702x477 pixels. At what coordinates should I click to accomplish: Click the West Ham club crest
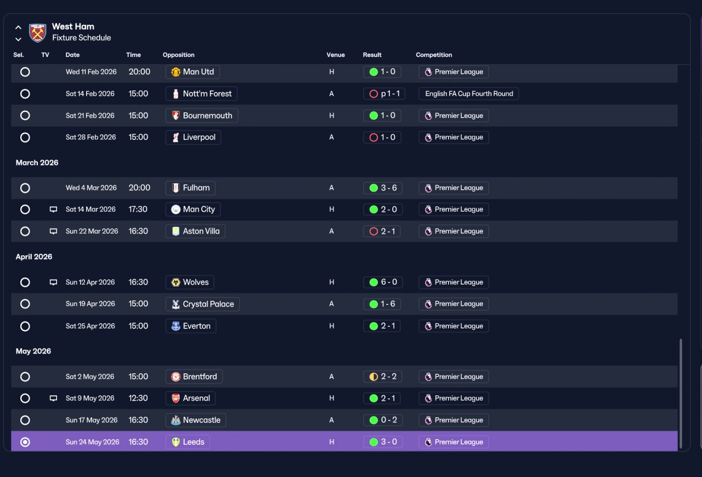tap(37, 32)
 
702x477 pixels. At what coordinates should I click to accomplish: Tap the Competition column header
tap(434, 55)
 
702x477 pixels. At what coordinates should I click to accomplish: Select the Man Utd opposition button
tap(193, 72)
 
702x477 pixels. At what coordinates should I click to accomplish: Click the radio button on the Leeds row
tap(25, 442)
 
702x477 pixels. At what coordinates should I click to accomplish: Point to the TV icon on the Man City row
tap(54, 209)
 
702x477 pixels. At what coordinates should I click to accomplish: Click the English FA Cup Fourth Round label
tap(469, 94)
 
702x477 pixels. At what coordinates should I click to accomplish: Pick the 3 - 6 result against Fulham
tap(383, 188)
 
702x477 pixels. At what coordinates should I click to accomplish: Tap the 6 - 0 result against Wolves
tap(383, 282)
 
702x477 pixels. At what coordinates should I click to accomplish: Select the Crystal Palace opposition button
tap(202, 304)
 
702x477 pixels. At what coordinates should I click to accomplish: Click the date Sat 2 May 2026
tap(90, 377)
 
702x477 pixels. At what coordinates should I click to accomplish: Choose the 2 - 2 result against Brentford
tap(383, 377)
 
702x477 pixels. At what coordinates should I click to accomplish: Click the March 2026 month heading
tap(37, 163)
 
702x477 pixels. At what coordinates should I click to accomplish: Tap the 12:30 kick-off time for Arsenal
tap(138, 398)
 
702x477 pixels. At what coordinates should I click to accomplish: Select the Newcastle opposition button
tap(196, 420)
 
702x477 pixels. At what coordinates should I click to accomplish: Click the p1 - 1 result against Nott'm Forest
tap(384, 94)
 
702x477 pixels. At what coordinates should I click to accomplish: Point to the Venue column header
tap(336, 55)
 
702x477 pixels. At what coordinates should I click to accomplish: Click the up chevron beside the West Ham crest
tap(18, 27)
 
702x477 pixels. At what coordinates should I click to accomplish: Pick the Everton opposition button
tap(191, 326)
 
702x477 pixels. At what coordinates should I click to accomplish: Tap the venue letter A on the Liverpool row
tap(331, 137)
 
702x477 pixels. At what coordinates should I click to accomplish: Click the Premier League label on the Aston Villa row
tap(454, 231)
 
